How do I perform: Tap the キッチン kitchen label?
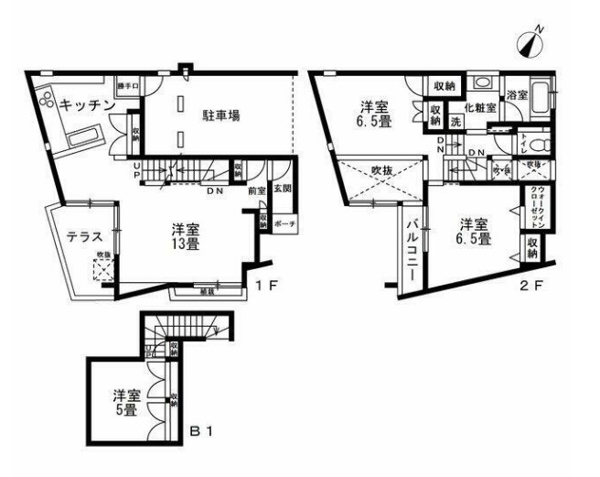85,105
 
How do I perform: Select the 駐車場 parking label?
221,115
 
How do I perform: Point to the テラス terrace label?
83,237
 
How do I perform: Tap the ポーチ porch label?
284,222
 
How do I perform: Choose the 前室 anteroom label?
256,191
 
